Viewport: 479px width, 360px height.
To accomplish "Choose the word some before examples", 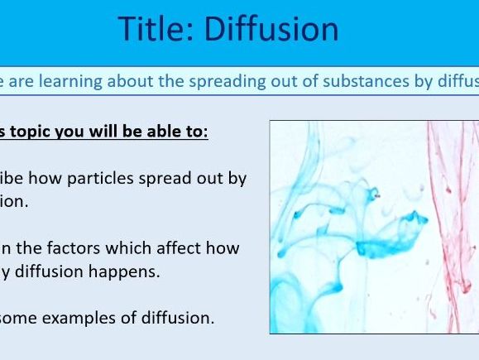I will [26, 317].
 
